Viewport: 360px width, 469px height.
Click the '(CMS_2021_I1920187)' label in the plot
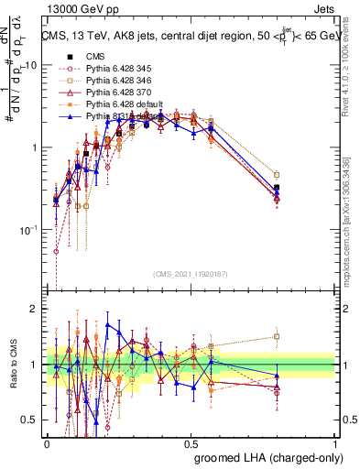[x=191, y=272]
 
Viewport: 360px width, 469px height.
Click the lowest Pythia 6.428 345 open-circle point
[x=56, y=251]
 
